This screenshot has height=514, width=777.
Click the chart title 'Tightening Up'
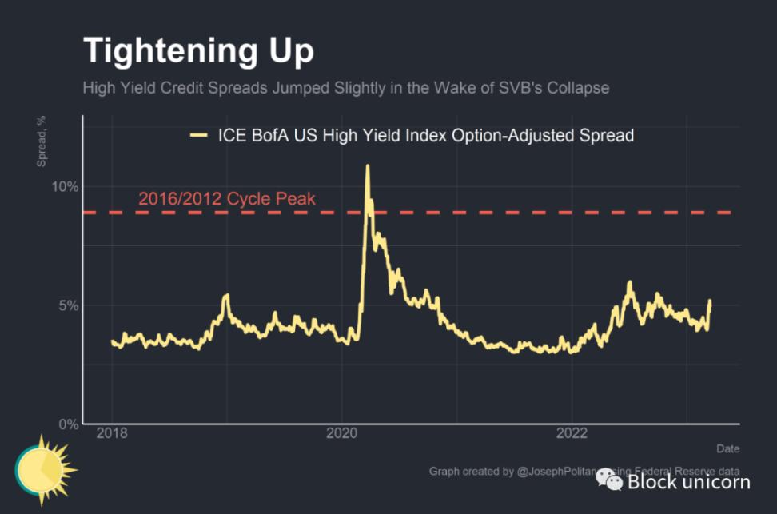point(198,50)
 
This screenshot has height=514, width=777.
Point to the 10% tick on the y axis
point(66,187)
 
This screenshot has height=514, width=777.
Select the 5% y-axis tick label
point(69,305)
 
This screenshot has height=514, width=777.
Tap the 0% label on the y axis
point(69,424)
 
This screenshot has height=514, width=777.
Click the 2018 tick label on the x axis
point(112,433)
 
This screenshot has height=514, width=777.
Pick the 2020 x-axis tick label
point(342,433)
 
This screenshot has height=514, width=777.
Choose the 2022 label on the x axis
point(572,433)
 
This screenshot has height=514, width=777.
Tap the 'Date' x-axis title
point(727,448)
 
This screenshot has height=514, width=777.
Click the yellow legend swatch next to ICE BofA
point(198,136)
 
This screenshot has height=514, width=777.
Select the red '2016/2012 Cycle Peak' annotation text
point(227,199)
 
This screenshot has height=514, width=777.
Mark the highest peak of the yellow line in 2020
point(368,166)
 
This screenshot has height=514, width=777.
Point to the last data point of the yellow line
point(709,301)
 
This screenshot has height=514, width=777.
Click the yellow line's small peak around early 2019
point(226,296)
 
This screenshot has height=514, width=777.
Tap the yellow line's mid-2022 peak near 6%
point(630,282)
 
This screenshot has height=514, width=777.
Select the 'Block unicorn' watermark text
point(688,481)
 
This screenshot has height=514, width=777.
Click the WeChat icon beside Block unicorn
point(612,480)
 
